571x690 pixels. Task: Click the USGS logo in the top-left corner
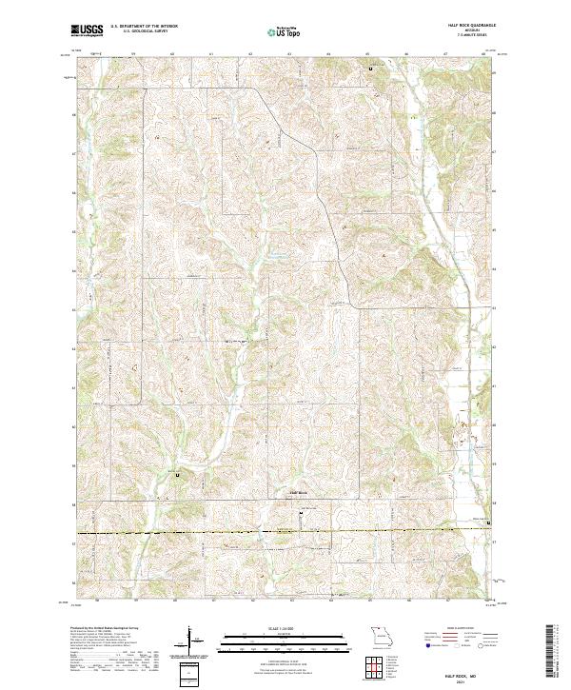point(87,30)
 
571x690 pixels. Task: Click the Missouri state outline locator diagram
point(380,635)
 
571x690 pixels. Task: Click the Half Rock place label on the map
point(299,492)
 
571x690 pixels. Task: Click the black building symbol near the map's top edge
point(371,69)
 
